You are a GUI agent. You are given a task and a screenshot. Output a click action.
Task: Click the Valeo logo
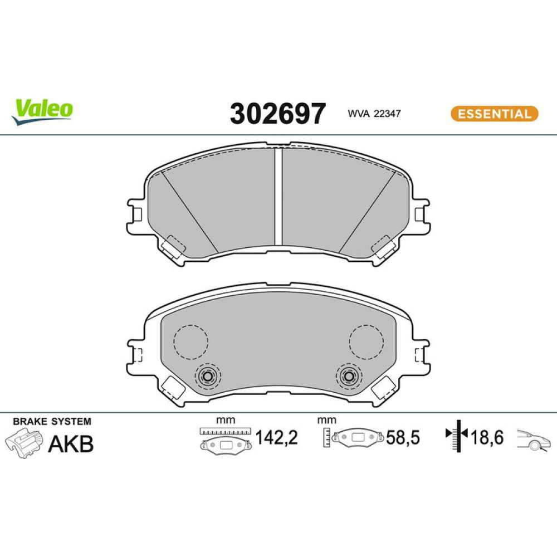pyautogui.click(x=42, y=111)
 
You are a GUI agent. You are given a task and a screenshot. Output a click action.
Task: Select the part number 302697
pyautogui.click(x=277, y=114)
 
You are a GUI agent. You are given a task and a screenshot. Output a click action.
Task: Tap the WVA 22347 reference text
pyautogui.click(x=374, y=114)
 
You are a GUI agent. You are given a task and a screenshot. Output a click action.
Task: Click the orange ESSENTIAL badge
pyautogui.click(x=495, y=114)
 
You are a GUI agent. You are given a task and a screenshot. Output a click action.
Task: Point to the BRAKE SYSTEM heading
pyautogui.click(x=52, y=422)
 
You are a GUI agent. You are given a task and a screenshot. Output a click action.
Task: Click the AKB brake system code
pyautogui.click(x=71, y=444)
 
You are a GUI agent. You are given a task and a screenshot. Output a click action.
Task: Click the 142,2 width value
pyautogui.click(x=277, y=437)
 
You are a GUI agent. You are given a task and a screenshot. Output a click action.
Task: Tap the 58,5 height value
pyautogui.click(x=403, y=438)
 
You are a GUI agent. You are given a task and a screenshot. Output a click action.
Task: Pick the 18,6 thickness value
pyautogui.click(x=487, y=437)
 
